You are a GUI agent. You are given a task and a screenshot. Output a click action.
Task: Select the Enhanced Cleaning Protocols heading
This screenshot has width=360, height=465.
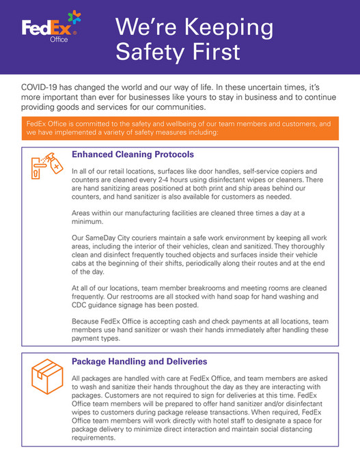(133, 154)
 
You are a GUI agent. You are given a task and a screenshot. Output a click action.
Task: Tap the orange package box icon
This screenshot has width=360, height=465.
(44, 375)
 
